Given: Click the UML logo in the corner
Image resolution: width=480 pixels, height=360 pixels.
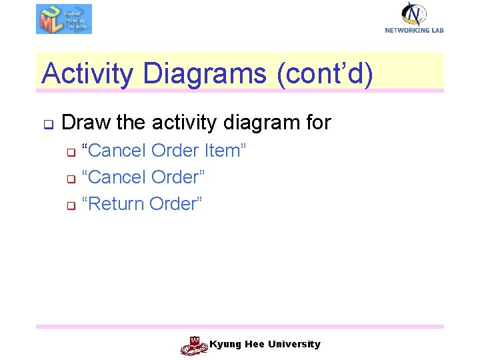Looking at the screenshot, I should [63, 19].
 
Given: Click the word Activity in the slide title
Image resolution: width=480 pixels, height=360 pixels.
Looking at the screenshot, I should [87, 73].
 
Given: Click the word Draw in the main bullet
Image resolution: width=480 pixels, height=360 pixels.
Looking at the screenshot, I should [86, 123].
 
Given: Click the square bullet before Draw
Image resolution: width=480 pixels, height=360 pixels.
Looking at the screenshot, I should [48, 124].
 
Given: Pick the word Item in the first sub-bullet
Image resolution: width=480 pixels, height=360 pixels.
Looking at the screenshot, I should [225, 151].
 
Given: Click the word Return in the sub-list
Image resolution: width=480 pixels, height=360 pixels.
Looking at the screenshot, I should [116, 204].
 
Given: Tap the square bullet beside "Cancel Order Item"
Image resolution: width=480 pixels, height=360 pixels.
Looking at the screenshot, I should [70, 153].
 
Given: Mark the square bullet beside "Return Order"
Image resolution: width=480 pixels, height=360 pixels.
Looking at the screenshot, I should [70, 206].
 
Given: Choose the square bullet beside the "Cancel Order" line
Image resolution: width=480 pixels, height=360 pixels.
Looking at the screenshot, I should [70, 179].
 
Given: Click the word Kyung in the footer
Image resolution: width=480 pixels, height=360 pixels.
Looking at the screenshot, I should [224, 345].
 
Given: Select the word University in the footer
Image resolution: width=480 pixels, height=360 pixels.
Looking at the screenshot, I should [294, 345].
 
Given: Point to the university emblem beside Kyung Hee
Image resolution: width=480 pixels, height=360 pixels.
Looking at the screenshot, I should [194, 345].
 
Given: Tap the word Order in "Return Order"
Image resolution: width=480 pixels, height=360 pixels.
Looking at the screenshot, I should [175, 204].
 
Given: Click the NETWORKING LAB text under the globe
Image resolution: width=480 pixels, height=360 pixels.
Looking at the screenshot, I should [414, 30].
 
